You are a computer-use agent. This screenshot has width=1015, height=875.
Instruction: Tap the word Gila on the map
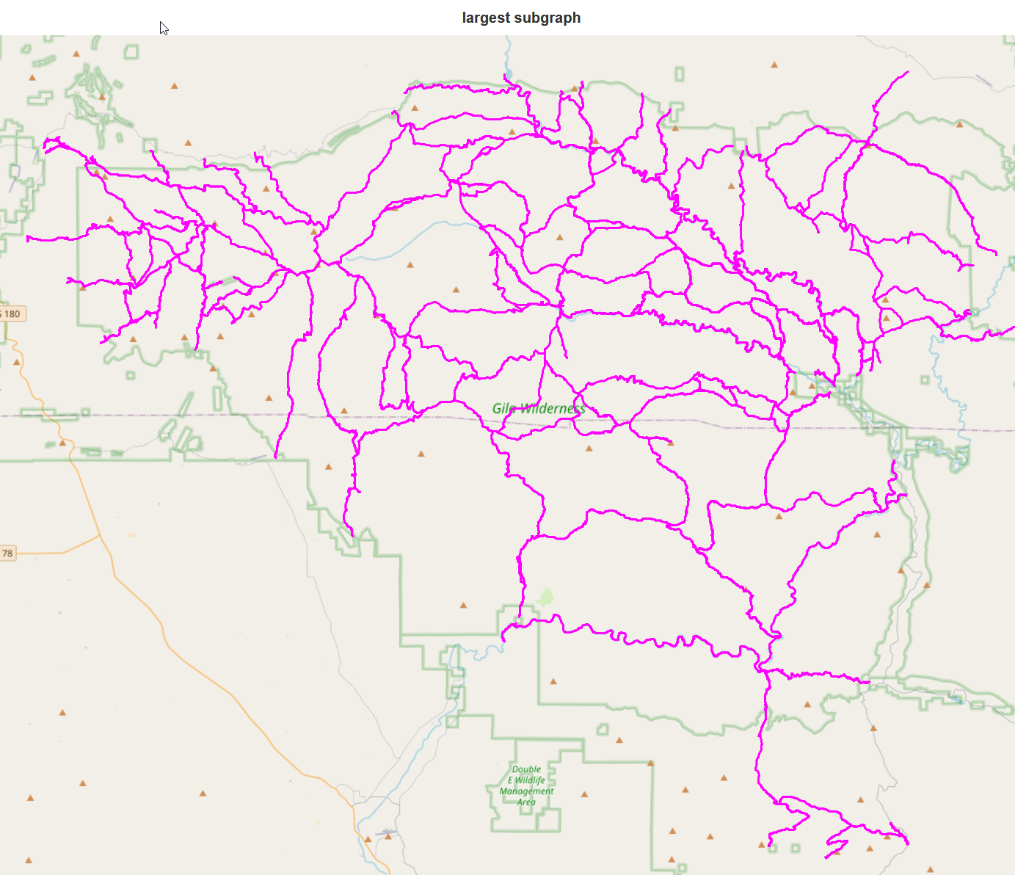coord(504,408)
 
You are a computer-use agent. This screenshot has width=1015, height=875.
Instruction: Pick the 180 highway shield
coord(12,314)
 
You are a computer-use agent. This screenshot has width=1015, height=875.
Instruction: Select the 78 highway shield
coord(7,553)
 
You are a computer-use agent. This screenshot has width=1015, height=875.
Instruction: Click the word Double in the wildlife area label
coord(526,769)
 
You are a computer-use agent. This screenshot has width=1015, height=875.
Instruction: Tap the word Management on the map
coord(526,791)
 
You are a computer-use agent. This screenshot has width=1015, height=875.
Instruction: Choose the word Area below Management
coord(526,802)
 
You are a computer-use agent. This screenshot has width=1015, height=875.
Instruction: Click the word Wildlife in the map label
coord(530,780)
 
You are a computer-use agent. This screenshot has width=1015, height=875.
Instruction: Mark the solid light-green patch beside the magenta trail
coord(545,597)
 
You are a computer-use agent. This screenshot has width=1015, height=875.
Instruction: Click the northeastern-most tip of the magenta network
coord(908,72)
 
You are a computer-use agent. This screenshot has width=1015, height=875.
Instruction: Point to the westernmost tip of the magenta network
coord(27,238)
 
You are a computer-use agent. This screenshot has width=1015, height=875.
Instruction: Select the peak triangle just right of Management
coord(584,794)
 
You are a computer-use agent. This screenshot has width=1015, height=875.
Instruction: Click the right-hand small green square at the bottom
coord(795,849)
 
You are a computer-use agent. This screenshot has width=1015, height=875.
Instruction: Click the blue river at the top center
coord(507,55)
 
